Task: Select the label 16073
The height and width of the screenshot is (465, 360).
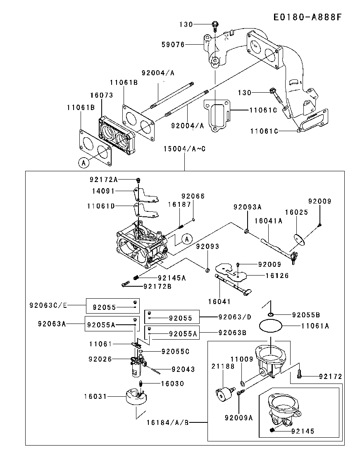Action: [x=102, y=95]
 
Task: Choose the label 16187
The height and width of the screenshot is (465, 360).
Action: [x=179, y=204]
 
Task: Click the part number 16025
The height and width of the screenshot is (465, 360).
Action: [x=297, y=211]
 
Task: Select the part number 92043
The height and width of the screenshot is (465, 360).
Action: [x=183, y=369]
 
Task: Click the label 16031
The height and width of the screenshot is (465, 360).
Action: [x=96, y=396]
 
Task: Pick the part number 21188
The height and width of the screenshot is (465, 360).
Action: [x=223, y=366]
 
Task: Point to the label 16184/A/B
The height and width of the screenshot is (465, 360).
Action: [x=167, y=422]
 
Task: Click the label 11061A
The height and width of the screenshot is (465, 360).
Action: [x=315, y=326]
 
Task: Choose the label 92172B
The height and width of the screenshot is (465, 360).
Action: [x=158, y=286]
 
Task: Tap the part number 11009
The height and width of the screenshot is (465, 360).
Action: [x=241, y=360]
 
